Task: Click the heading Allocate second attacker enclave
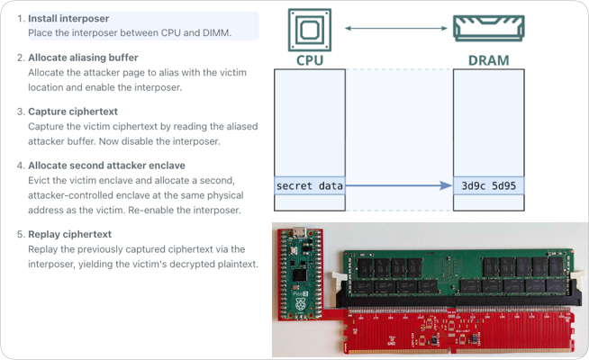pos(106,166)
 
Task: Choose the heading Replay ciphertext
pos(69,234)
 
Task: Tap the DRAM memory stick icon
pos(488,27)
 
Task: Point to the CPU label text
pos(309,60)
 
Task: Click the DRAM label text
pos(488,60)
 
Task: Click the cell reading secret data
pos(309,186)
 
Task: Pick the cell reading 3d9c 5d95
pos(488,186)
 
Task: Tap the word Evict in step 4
pos(41,180)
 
